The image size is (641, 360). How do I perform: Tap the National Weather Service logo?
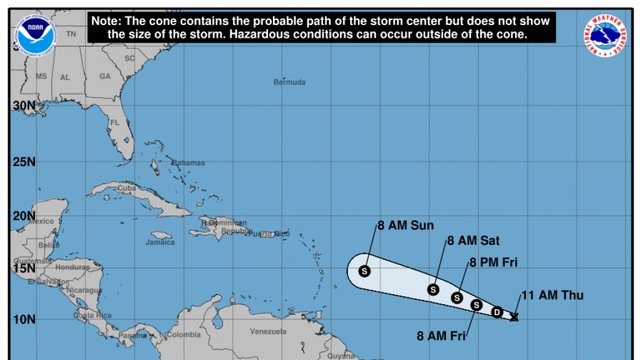606,35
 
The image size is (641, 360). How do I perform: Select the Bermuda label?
290,82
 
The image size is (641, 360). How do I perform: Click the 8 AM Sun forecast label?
406,226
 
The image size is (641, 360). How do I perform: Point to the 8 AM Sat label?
473,240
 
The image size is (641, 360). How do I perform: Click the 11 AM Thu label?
553,295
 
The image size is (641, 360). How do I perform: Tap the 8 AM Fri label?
441,336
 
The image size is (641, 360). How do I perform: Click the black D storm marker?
497,312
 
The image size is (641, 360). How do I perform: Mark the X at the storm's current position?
515,317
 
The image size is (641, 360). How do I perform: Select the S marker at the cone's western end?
365,271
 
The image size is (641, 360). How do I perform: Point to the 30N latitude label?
24,106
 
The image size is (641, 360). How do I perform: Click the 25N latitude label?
24,162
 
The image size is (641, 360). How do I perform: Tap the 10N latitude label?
24,320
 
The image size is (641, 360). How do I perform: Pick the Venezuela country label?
268,331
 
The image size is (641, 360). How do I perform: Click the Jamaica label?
160,242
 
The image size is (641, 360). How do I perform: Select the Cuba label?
127,188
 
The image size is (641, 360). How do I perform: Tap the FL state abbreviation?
115,123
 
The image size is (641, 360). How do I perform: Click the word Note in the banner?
105,21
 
